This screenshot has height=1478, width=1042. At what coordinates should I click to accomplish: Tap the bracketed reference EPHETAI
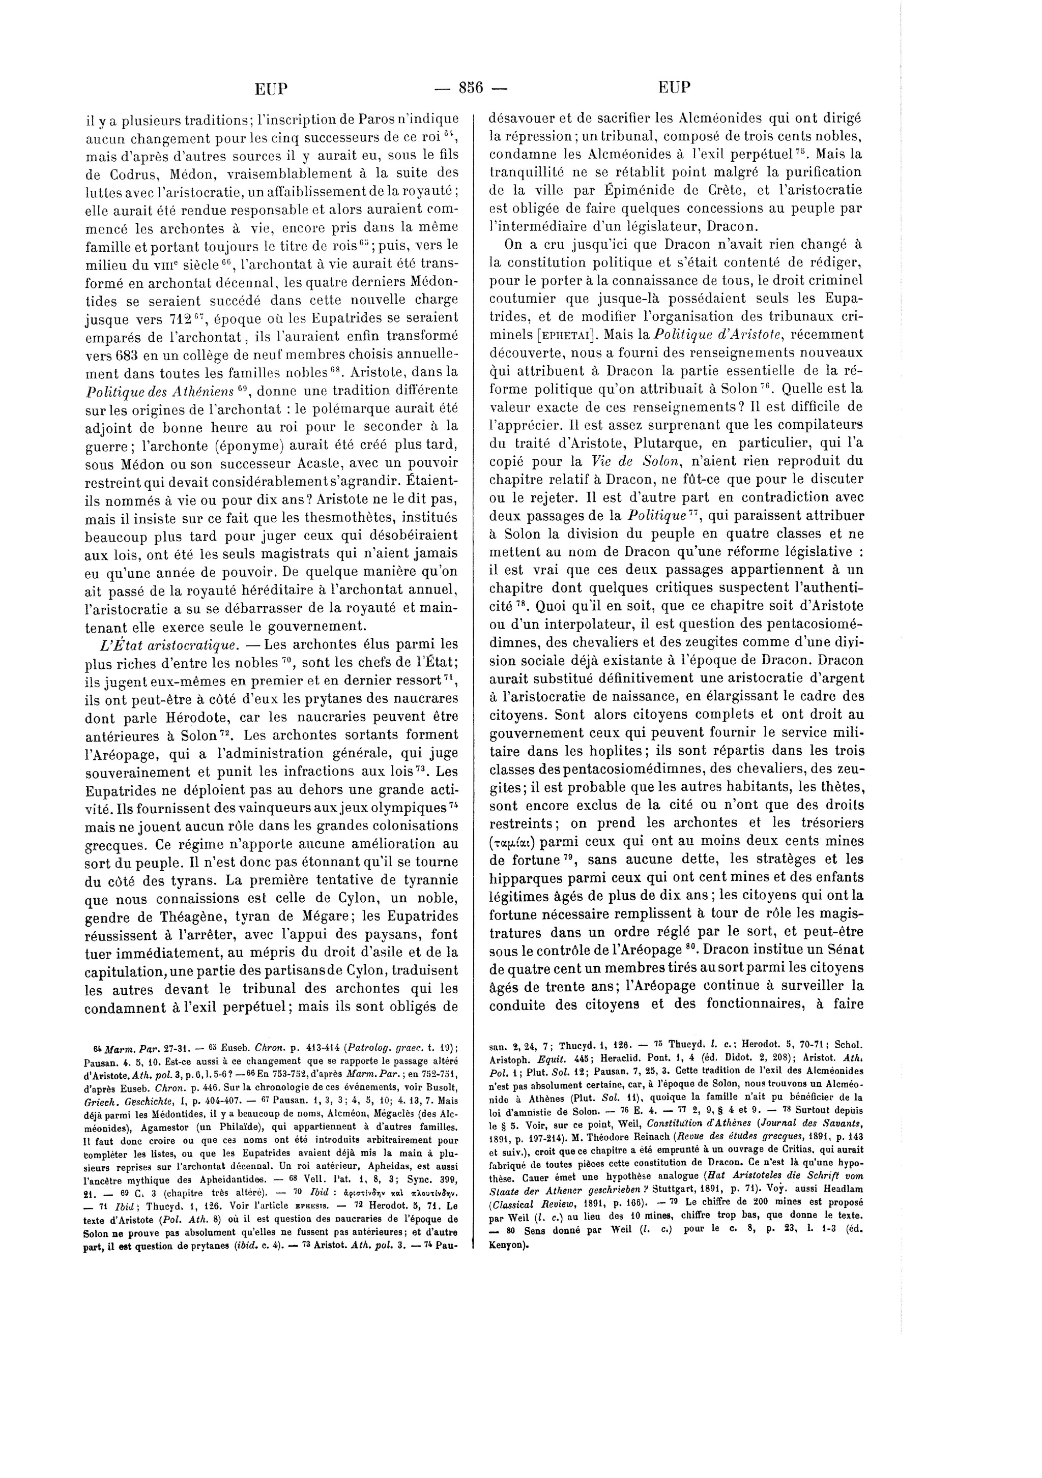pyautogui.click(x=571, y=335)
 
